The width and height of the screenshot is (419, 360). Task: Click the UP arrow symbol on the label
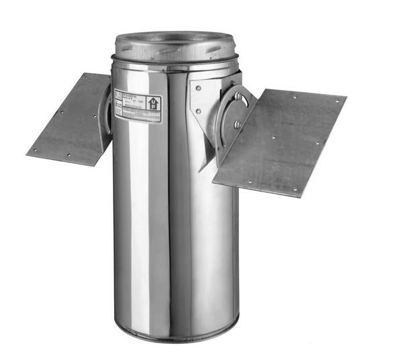[x=153, y=104]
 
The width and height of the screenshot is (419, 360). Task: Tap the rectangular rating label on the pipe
[x=137, y=105]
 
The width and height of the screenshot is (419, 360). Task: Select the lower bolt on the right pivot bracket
[x=237, y=124]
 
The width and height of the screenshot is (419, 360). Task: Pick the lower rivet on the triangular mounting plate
[x=198, y=110]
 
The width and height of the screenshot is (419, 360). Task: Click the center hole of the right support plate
[x=273, y=138]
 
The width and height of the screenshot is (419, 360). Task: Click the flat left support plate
[x=71, y=121]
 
